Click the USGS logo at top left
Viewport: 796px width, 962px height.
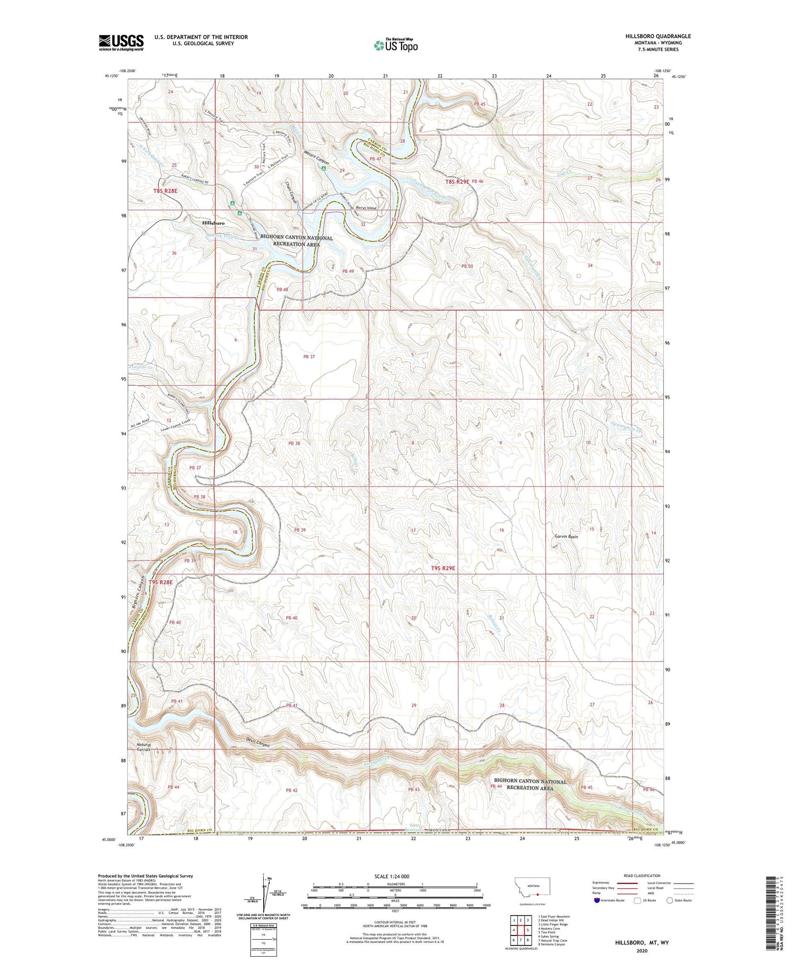pyautogui.click(x=121, y=42)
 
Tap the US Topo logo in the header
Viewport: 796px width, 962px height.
pyautogui.click(x=395, y=45)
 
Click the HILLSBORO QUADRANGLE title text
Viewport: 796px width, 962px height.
pyautogui.click(x=658, y=36)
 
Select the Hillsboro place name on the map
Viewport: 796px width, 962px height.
pyautogui.click(x=213, y=223)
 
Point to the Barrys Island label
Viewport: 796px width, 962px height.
pyautogui.click(x=366, y=208)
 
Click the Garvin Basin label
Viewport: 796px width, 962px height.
pyautogui.click(x=565, y=536)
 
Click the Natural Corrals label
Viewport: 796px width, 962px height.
pyautogui.click(x=144, y=747)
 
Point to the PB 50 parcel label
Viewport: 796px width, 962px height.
pyautogui.click(x=467, y=266)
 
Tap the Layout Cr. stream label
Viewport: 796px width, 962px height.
pyautogui.click(x=142, y=367)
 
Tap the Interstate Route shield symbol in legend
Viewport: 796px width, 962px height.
pyautogui.click(x=598, y=900)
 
